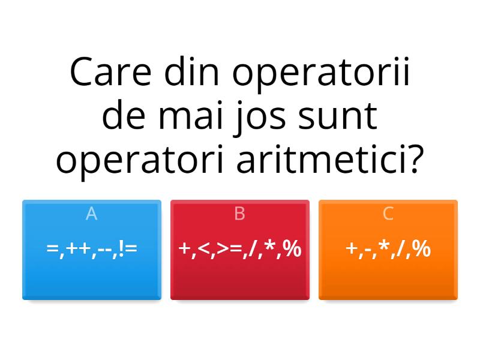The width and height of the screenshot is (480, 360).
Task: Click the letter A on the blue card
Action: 91,214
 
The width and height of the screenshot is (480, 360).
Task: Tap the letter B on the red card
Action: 240,214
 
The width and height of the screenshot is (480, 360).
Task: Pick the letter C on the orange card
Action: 388,214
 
